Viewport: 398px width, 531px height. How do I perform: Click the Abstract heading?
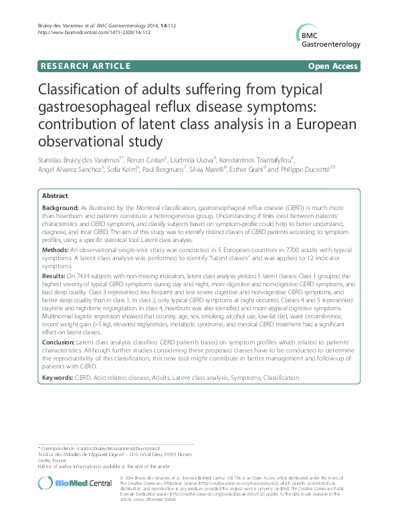[55, 196]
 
